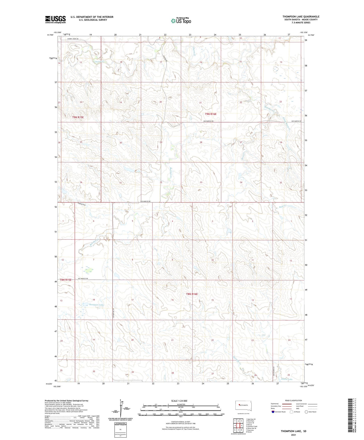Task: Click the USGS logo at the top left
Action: tap(55, 19)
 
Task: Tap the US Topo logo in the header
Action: tap(181, 21)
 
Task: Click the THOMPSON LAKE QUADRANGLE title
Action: tap(301, 17)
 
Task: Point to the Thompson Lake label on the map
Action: tap(96, 305)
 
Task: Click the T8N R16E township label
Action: tap(192, 294)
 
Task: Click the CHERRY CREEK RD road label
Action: tap(73, 39)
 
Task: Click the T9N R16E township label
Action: tap(211, 114)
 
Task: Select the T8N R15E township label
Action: tap(66, 280)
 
